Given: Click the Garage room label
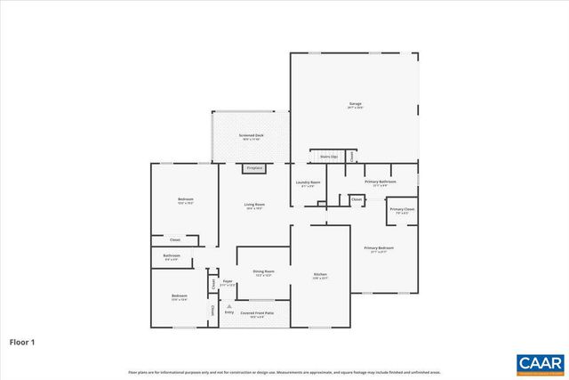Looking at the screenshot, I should click(x=355, y=105).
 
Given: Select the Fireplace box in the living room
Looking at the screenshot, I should click(x=254, y=167).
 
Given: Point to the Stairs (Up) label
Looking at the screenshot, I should click(x=328, y=156).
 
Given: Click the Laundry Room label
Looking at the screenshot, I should click(x=308, y=183).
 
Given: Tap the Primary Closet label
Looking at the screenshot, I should click(x=401, y=210).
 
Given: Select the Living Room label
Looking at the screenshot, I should click(x=255, y=206).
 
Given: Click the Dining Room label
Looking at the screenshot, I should click(x=263, y=271).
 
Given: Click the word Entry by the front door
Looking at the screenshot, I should click(x=228, y=312).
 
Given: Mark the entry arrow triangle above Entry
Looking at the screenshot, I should click(x=228, y=305).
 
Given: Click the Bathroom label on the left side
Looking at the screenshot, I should click(x=172, y=257).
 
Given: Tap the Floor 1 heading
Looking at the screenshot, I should click(x=22, y=341).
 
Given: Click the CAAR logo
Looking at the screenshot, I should click(x=540, y=362).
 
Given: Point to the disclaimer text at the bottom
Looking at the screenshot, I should click(x=284, y=372).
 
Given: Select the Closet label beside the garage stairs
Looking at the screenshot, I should click(x=351, y=157).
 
